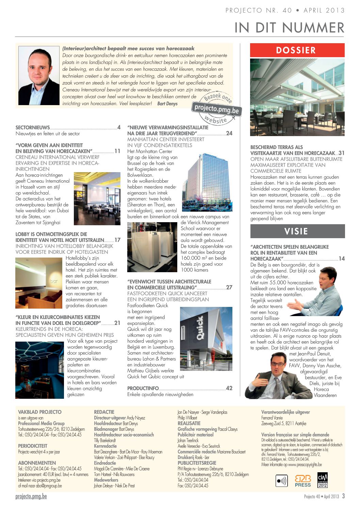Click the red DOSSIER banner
[297, 50]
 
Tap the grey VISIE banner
[297, 231]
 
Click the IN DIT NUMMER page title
[289, 28]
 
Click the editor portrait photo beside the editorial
[39, 76]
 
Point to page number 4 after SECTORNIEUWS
[119, 128]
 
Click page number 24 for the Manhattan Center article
[229, 133]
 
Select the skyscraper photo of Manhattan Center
[207, 182]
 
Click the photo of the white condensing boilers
[152, 247]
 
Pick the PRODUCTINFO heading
[143, 388]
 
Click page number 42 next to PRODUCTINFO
[229, 388]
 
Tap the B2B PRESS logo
[302, 481]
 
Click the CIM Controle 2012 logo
[322, 480]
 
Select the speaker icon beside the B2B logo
[282, 481]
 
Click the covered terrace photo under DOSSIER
[297, 97]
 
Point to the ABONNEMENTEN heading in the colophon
[37, 463]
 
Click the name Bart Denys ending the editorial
[167, 103]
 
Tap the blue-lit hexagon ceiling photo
[39, 370]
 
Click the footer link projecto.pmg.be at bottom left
[31, 496]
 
